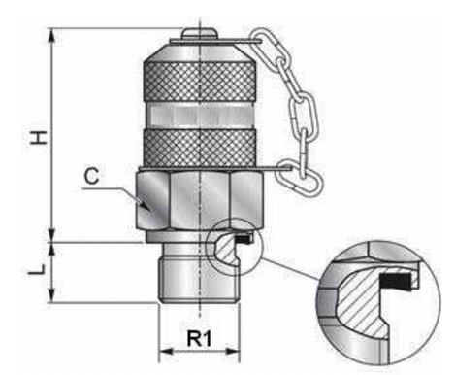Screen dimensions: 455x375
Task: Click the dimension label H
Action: click(x=39, y=138)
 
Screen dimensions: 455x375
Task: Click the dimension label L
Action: click(x=36, y=269)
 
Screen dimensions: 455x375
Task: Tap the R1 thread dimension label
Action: click(x=199, y=338)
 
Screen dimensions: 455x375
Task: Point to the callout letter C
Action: click(x=91, y=177)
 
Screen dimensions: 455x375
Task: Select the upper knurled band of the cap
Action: click(x=200, y=82)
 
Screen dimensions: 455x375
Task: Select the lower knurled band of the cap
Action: click(x=200, y=149)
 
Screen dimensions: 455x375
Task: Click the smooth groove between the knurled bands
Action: click(x=200, y=116)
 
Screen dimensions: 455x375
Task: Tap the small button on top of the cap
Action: click(x=199, y=34)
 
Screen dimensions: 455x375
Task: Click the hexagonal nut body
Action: click(x=201, y=200)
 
